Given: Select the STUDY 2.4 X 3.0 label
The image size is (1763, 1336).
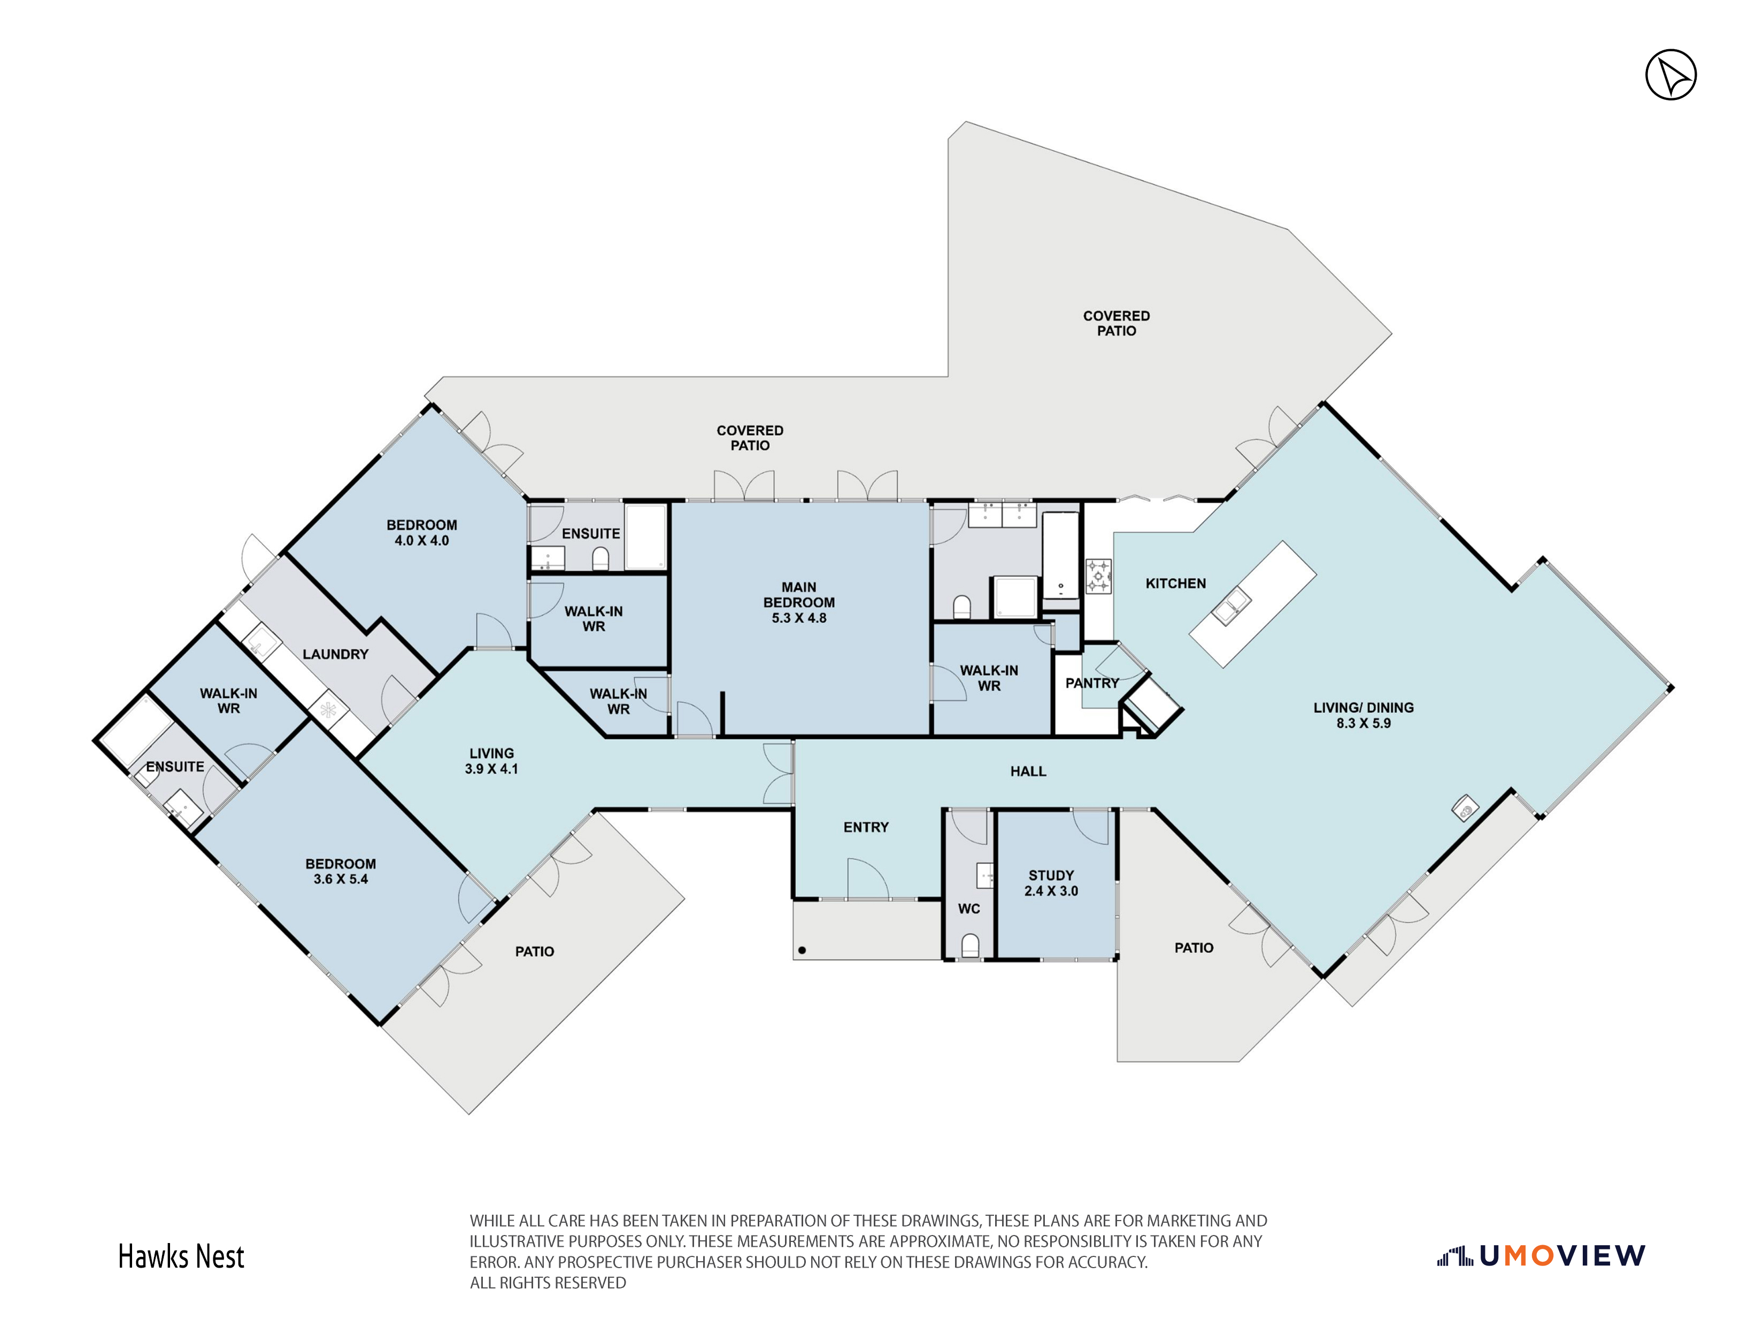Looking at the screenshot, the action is point(1051,883).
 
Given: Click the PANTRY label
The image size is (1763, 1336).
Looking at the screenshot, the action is point(1092,683).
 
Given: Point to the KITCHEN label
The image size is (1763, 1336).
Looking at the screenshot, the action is point(1175,583).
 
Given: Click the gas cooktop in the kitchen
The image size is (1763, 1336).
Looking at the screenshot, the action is point(1098,576).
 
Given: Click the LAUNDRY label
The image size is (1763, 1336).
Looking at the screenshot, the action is point(336,654).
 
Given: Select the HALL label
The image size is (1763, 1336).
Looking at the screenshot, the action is point(1028,771).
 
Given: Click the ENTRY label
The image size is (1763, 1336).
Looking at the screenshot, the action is point(866,827).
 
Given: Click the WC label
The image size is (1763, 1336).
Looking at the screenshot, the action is point(969,908).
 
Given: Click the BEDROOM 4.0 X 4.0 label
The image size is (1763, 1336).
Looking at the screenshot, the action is point(421,532).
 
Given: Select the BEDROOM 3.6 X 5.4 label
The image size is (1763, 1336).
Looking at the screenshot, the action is point(340,871).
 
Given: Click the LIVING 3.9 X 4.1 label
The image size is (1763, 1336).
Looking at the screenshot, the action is point(492,761).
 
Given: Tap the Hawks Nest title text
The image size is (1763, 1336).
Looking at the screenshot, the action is point(182,1256).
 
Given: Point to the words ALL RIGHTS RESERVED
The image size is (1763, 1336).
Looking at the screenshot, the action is point(548,1283).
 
